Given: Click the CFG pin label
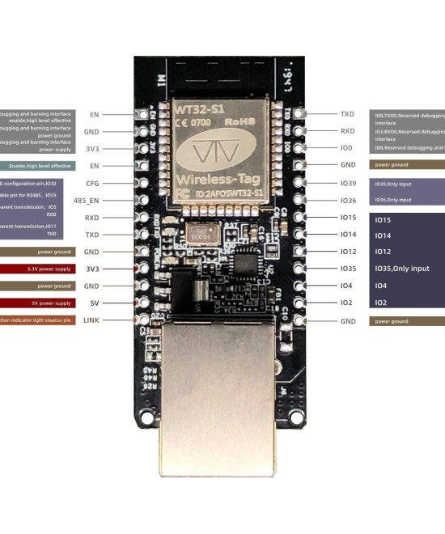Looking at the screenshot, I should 92,184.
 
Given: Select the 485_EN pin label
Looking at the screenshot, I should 87,200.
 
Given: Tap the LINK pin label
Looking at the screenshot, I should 91,320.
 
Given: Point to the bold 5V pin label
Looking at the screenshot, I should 93,303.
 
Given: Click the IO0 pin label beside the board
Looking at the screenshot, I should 346,148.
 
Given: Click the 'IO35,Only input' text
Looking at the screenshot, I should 401,269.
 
